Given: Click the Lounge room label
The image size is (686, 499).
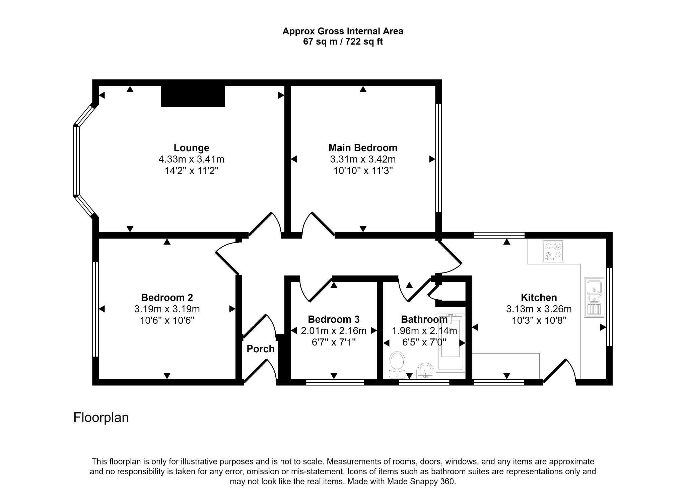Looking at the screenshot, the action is pyautogui.click(x=191, y=148).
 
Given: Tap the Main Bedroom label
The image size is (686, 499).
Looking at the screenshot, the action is pyautogui.click(x=363, y=148).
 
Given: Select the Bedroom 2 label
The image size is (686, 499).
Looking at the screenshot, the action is pyautogui.click(x=167, y=297).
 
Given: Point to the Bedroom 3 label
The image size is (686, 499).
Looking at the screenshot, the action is pyautogui.click(x=334, y=319).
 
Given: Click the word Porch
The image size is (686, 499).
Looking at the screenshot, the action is pyautogui.click(x=261, y=349).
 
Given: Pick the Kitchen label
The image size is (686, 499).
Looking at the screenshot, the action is pyautogui.click(x=539, y=297).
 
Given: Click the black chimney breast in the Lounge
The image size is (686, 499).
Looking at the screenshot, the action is pyautogui.click(x=193, y=96).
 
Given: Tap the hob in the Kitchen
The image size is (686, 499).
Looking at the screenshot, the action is pyautogui.click(x=553, y=251).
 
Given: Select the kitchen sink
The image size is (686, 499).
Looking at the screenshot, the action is pyautogui.click(x=594, y=297).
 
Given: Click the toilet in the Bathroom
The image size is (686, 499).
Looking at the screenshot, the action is pyautogui.click(x=397, y=365).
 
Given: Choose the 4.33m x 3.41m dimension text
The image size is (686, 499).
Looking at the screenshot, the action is pyautogui.click(x=191, y=159).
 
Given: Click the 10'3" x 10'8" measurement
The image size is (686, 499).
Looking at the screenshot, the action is pyautogui.click(x=539, y=320).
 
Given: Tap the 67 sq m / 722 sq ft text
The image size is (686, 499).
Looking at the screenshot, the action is pyautogui.click(x=343, y=42).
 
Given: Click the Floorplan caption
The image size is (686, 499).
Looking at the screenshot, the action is pyautogui.click(x=101, y=418).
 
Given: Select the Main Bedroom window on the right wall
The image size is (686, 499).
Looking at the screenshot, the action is pyautogui.click(x=438, y=158).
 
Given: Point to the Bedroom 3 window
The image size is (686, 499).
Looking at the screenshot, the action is pyautogui.click(x=335, y=382).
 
